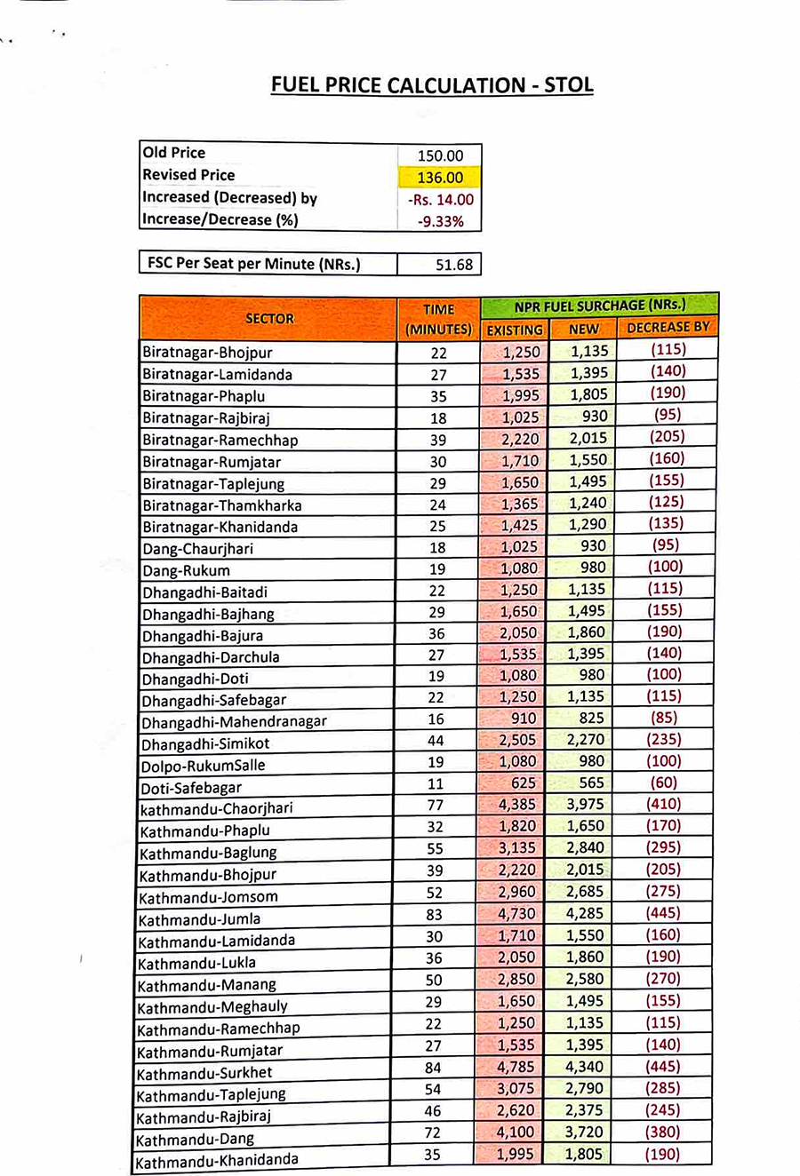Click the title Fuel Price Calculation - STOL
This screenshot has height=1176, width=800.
(431, 85)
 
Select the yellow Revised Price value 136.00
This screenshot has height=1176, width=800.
(440, 178)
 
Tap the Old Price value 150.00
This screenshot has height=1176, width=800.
(440, 155)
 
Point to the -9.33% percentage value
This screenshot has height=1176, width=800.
(440, 221)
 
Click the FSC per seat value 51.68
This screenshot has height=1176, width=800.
(453, 264)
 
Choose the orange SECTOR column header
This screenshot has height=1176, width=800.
(268, 318)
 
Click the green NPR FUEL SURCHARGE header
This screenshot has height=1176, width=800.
(600, 306)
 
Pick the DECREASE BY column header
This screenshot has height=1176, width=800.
(668, 328)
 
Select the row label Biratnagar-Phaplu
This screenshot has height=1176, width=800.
(204, 396)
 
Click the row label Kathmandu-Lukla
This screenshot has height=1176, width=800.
(196, 963)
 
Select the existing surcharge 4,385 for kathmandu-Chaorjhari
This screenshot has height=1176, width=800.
(516, 805)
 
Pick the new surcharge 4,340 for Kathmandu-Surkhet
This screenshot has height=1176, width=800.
(585, 1067)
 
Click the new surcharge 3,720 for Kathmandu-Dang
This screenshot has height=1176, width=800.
(585, 1132)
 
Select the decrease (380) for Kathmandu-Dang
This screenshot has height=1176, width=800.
(663, 1132)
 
